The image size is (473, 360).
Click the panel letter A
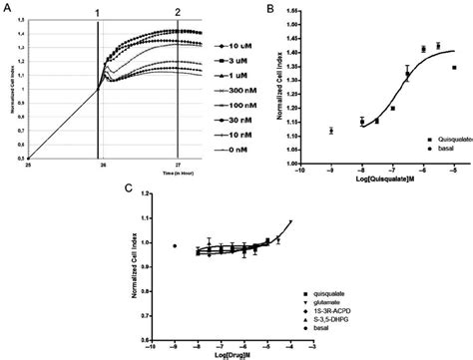coord(7,8)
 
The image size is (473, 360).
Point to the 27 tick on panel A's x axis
coord(178,165)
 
